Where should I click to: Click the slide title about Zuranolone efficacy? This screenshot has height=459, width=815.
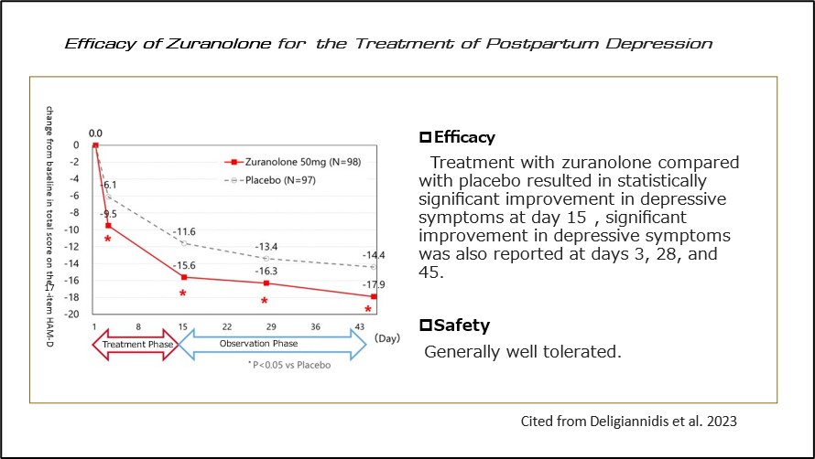click(389, 43)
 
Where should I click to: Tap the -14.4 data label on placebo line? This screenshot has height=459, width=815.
click(373, 254)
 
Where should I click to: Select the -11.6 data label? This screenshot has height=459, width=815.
click(186, 231)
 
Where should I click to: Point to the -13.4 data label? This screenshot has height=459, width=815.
click(266, 246)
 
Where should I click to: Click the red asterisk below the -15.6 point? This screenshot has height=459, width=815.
click(183, 294)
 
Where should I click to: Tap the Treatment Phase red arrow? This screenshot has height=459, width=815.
click(132, 345)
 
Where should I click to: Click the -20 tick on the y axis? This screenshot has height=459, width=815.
click(76, 313)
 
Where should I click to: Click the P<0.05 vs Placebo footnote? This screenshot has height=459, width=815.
click(289, 365)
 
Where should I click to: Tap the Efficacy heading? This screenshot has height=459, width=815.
click(457, 138)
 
